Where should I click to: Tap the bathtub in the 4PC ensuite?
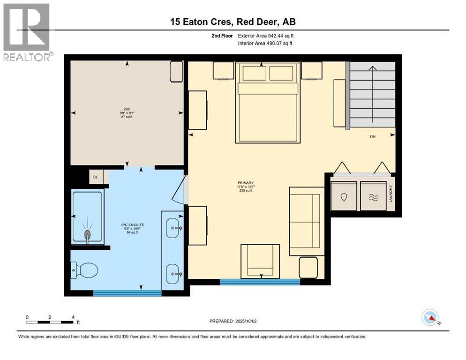[87, 217]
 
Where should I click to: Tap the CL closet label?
[96, 177]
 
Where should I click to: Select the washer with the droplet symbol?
[344, 197]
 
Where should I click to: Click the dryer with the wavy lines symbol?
[373, 197]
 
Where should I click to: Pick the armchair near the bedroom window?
[260, 261]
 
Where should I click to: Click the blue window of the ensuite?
[127, 293]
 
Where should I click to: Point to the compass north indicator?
[431, 318]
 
